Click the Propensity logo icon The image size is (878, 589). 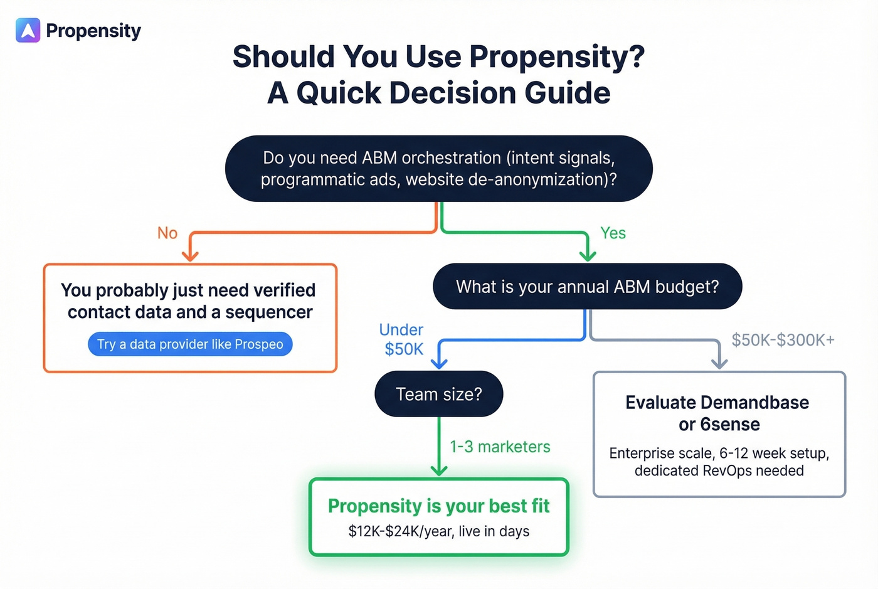click(28, 30)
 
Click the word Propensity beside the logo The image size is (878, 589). click(93, 31)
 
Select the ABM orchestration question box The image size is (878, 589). click(438, 168)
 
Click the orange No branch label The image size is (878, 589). click(167, 233)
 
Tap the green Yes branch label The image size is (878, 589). click(613, 233)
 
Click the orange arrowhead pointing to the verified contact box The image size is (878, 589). click(190, 255)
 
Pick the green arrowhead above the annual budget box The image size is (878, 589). click(588, 255)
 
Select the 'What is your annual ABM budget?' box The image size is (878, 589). click(587, 287)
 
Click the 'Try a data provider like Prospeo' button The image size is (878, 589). click(190, 344)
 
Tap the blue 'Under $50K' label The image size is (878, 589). click(402, 339)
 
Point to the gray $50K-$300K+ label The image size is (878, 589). click(783, 340)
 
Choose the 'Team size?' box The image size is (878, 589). click(438, 394)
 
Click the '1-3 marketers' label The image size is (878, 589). click(500, 447)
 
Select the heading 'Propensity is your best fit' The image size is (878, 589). click(438, 506)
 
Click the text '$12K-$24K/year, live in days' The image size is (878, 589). click(438, 531)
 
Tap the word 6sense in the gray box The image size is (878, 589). click(730, 425)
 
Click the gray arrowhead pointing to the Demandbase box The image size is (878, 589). click(719, 363)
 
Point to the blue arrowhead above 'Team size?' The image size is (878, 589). click(439, 363)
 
